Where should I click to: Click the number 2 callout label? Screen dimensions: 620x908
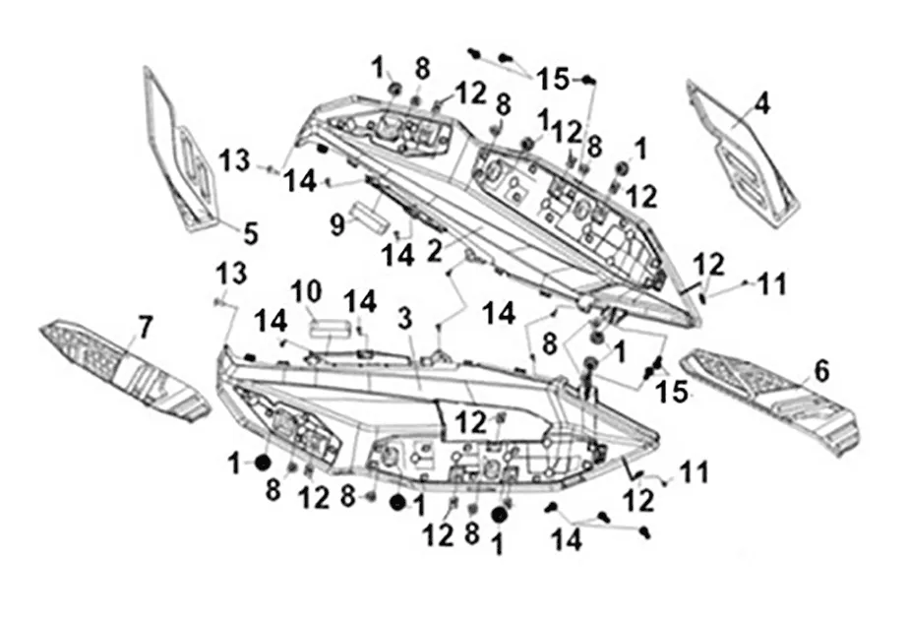tap(434, 251)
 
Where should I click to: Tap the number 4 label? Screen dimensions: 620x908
tap(762, 102)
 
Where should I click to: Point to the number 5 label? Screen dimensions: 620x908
tap(251, 233)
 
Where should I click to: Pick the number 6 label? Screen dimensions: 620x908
tap(821, 371)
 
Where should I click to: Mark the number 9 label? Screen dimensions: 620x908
tap(337, 225)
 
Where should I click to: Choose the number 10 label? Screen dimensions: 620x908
tap(305, 292)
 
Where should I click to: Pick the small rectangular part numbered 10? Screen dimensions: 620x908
tap(333, 326)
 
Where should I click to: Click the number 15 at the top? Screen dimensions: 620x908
tap(553, 78)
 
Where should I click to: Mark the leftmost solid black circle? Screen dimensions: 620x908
tap(263, 463)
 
